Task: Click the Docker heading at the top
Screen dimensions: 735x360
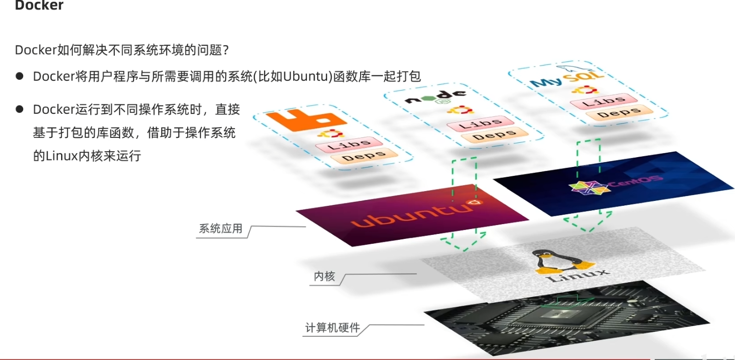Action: [x=39, y=6]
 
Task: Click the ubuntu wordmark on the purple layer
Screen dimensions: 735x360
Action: [x=408, y=216]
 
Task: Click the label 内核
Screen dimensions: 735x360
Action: [x=324, y=276]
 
